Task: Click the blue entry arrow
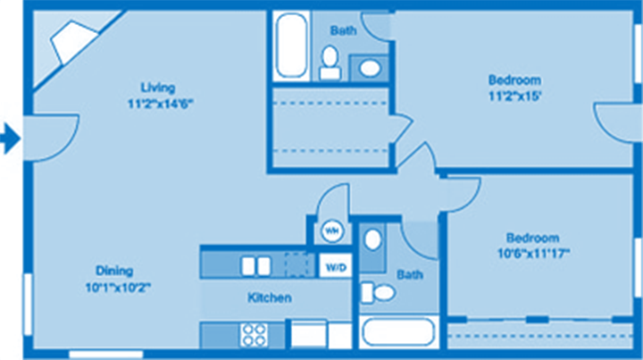10,138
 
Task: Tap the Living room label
157,88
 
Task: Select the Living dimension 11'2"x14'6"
160,102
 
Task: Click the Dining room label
114,271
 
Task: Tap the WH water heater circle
331,230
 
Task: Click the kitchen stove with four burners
254,334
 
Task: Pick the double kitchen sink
256,265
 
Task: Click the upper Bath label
344,30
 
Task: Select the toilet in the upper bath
330,58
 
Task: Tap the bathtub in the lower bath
397,332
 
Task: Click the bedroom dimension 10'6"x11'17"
532,253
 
